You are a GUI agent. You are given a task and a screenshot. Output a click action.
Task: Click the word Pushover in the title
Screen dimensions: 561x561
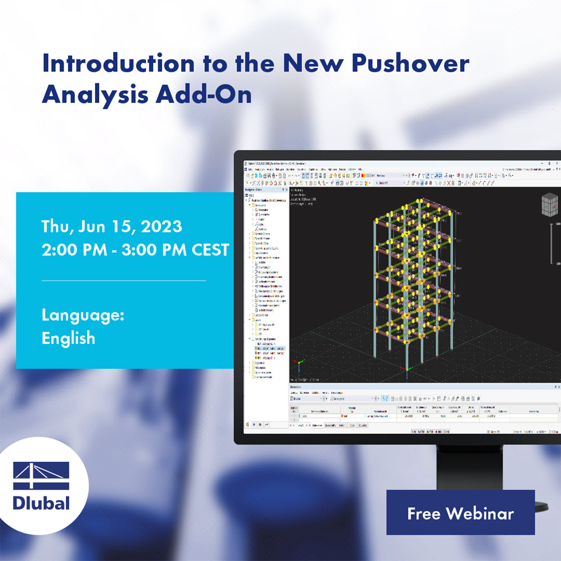[x=410, y=64]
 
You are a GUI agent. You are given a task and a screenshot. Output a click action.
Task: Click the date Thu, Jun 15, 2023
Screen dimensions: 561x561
[x=112, y=227]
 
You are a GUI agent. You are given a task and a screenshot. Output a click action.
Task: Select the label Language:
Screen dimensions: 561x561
[x=83, y=315]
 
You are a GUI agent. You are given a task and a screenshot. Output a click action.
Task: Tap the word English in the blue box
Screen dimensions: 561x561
[x=69, y=338]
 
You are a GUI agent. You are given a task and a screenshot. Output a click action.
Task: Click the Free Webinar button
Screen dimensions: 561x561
[x=460, y=513]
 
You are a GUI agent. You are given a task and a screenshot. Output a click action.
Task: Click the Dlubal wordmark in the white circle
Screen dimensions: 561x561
[x=42, y=503]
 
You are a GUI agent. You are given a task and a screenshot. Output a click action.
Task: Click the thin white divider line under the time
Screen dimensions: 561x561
[x=124, y=280]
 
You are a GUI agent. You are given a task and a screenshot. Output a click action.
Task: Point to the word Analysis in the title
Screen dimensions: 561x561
[x=94, y=94]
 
